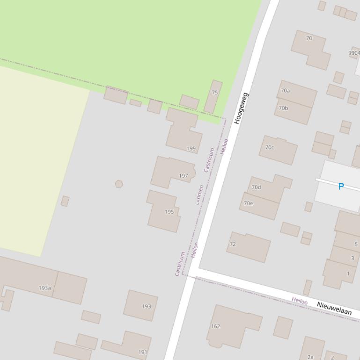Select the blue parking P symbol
341,187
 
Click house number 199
191,149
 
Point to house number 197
184,176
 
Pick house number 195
169,212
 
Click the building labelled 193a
45,288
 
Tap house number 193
147,307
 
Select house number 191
143,352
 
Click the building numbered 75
214,93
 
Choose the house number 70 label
309,38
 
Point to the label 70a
285,91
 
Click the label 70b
283,108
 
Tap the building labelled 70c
270,148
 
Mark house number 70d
256,187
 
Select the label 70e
248,203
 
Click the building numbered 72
233,244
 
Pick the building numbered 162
215,326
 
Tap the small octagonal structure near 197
119,184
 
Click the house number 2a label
310,357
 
